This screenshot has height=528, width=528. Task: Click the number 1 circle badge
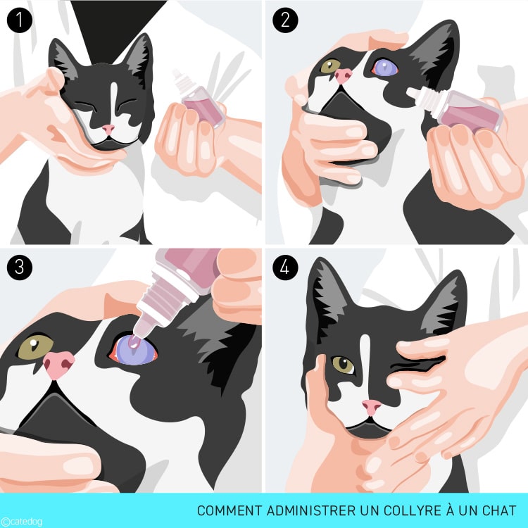[x=20, y=20]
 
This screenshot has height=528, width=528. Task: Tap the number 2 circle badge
[x=285, y=20]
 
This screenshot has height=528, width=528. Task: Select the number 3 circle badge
[x=20, y=267]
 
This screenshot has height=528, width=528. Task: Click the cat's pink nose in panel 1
[x=108, y=129]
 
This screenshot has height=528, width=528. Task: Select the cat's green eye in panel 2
[x=330, y=66]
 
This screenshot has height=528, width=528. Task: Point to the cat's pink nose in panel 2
[x=344, y=76]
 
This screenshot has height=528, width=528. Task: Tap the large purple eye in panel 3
[x=134, y=350]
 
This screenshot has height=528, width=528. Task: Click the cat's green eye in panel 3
[x=35, y=347]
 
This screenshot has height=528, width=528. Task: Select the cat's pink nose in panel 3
[x=58, y=365]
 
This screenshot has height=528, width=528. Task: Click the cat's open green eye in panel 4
[x=343, y=365]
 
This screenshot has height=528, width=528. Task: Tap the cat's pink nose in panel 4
[x=372, y=407]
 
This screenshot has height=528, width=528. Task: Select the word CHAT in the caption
[x=499, y=510]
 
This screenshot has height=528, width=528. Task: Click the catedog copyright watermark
[x=22, y=522]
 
